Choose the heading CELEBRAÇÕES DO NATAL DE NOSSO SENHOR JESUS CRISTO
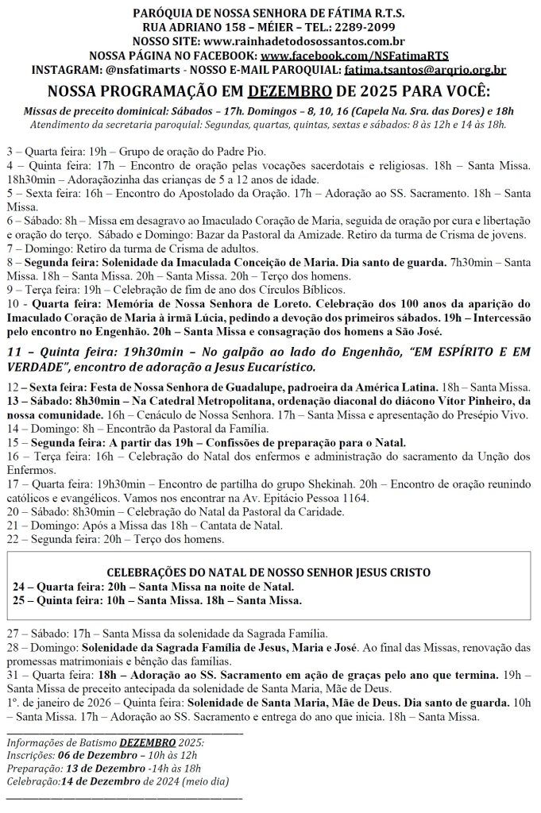tap(270, 572)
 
